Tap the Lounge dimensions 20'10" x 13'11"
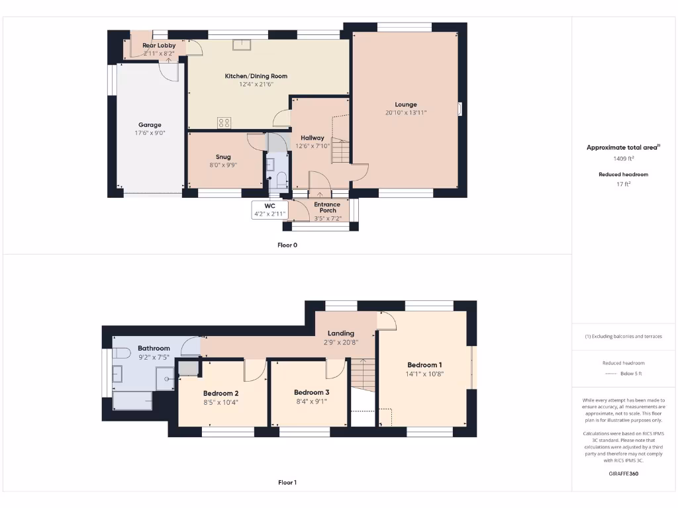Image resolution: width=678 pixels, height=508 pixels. [406, 113]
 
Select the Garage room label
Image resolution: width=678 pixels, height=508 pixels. [150, 124]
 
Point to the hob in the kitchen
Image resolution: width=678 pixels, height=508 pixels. [224, 122]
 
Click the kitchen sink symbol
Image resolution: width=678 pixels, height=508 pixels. [242, 44]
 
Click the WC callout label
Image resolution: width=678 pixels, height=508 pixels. [269, 206]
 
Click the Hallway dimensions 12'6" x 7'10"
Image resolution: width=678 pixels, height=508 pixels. [313, 146]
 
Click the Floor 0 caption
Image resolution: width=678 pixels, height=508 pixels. [287, 245]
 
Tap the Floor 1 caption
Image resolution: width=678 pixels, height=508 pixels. [287, 483]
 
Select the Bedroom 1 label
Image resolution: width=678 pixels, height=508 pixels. [424, 365]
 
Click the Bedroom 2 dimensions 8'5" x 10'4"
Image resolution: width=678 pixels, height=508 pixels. [220, 402]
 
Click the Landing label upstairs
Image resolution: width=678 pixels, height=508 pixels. [341, 333]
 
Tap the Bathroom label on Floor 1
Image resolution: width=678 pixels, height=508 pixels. [154, 348]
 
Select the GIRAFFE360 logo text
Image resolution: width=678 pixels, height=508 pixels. [623, 474]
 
